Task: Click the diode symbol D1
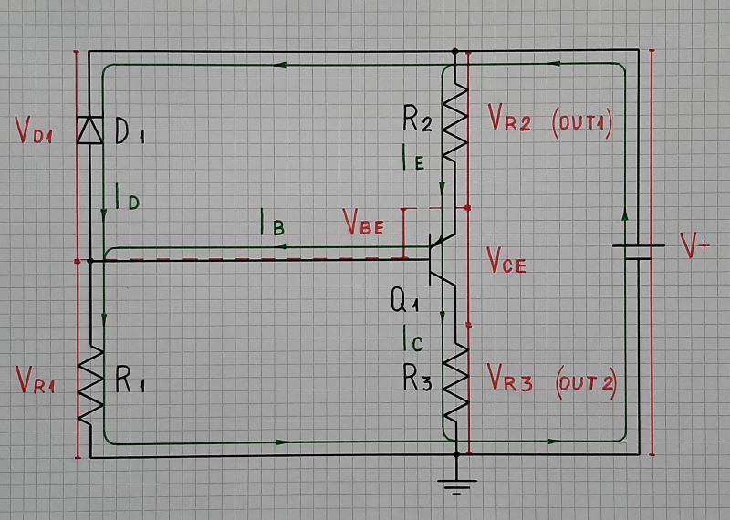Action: click(x=90, y=130)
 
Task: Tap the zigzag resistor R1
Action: click(x=90, y=388)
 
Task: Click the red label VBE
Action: click(x=362, y=222)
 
